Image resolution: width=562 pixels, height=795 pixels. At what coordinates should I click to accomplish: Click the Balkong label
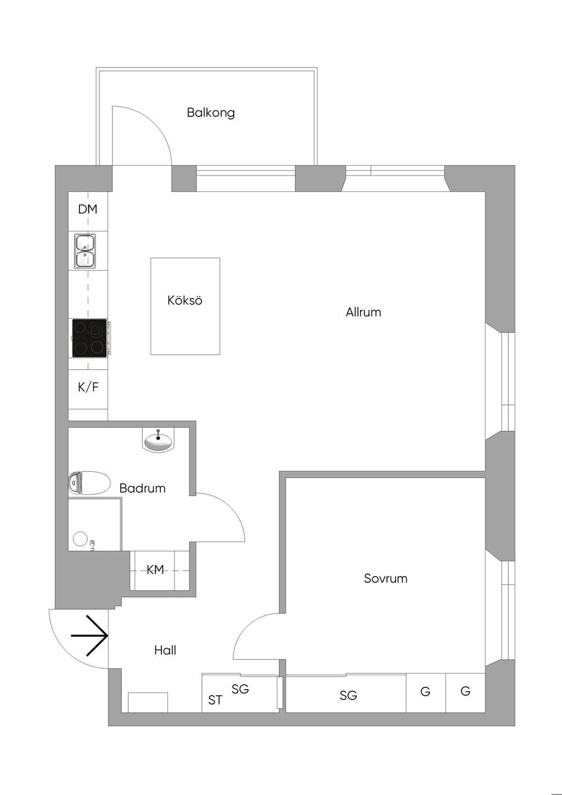[211, 113]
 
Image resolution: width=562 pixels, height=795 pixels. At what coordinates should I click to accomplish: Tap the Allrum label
[363, 312]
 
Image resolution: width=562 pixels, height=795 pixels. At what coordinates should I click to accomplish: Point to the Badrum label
[142, 488]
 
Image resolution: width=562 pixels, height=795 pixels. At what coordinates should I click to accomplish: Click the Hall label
[165, 651]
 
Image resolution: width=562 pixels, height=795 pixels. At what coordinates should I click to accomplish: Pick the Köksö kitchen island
[185, 306]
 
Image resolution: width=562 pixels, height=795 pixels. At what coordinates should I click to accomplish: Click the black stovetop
[89, 338]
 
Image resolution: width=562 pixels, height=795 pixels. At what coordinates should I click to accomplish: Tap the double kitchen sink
[85, 251]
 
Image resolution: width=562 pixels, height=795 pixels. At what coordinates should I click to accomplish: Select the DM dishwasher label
[88, 209]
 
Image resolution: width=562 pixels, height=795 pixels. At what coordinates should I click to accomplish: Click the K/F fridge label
[88, 387]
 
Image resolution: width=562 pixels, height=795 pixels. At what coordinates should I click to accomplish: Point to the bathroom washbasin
[158, 441]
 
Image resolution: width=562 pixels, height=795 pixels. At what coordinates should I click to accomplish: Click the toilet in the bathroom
[89, 483]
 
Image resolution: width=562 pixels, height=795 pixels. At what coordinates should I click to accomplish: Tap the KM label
[155, 570]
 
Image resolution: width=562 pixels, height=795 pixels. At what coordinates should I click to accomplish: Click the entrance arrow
[89, 635]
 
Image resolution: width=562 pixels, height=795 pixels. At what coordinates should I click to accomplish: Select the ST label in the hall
[215, 700]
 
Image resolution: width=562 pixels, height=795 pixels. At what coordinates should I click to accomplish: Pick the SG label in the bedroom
[348, 695]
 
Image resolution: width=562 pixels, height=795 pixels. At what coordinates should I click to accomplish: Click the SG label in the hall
[240, 689]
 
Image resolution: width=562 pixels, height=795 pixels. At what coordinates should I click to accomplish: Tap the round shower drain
[80, 538]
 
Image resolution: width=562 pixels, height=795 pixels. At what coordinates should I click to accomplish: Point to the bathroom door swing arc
[231, 508]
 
